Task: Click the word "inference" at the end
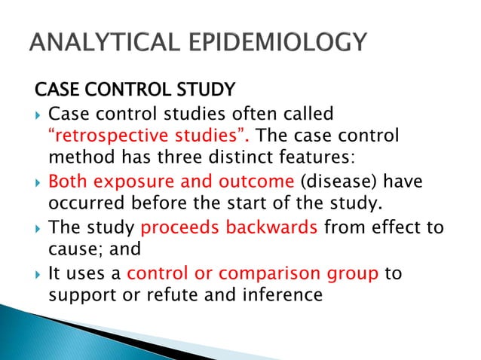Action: [x=280, y=294]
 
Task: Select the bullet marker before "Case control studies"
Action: [x=38, y=115]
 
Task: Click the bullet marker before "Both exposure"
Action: [x=38, y=183]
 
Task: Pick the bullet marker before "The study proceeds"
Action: [x=38, y=228]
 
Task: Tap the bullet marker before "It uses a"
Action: [x=38, y=273]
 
